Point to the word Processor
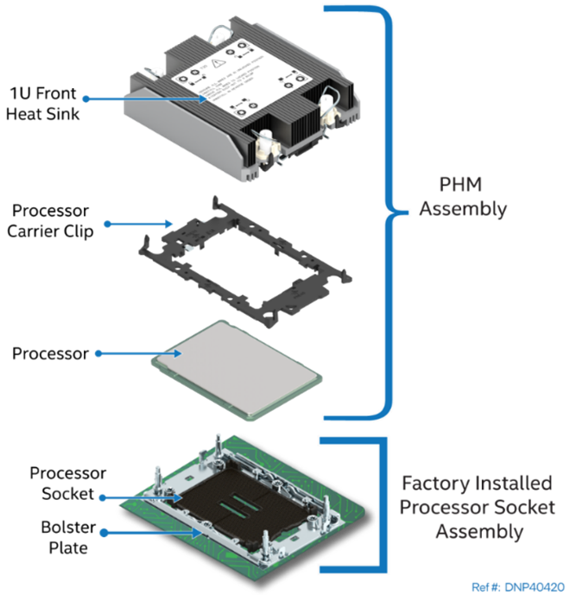442,507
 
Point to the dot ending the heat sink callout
85,99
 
